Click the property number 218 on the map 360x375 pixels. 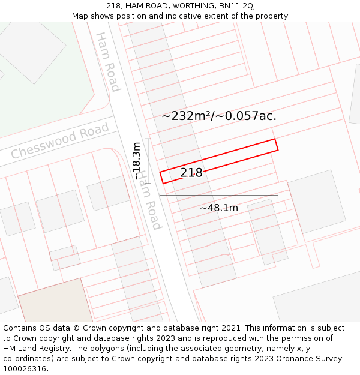tap(191, 173)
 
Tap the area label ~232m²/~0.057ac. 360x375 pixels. tap(219, 116)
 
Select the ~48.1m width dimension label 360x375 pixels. tap(219, 208)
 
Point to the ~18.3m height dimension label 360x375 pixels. tap(137, 161)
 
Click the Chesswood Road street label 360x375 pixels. tap(60, 140)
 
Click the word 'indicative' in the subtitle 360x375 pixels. tap(170, 16)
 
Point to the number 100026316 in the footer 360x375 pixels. tap(25, 369)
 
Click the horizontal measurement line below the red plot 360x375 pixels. tap(219, 196)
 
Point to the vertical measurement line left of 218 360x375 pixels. tap(148, 161)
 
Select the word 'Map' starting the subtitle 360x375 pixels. tap(80, 16)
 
